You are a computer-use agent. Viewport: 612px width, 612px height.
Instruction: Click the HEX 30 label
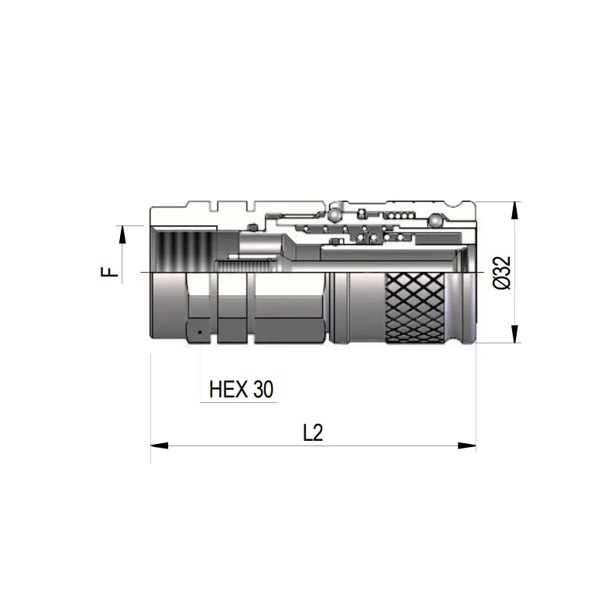click(242, 389)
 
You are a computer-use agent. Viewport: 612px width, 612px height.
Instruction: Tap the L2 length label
click(312, 433)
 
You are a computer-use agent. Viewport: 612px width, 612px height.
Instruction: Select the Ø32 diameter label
click(501, 273)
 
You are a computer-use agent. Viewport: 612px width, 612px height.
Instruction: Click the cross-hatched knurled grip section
click(415, 308)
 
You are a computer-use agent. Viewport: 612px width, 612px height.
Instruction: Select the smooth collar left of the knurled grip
click(356, 308)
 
